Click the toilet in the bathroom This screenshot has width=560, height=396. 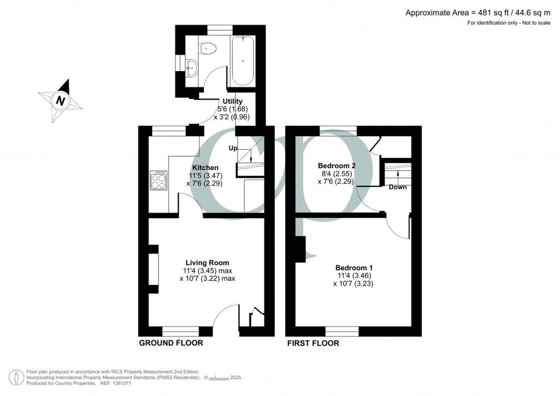pos(208,49)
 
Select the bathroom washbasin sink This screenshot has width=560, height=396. pos(191,69)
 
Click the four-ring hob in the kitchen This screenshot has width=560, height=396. pos(159,180)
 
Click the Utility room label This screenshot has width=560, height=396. pos(232,101)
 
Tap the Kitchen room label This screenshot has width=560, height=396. pos(205,167)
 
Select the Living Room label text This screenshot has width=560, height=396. pos(207,263)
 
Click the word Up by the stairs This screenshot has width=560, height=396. pos(233,148)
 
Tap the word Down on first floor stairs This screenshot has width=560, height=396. pos(398,187)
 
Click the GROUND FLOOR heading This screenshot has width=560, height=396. pos(171,343)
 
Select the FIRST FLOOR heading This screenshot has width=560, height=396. pos(313,343)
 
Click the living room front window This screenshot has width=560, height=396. pos(180,330)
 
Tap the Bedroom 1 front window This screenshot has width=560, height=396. pos(342,330)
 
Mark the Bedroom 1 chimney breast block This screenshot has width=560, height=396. pos(300,249)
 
